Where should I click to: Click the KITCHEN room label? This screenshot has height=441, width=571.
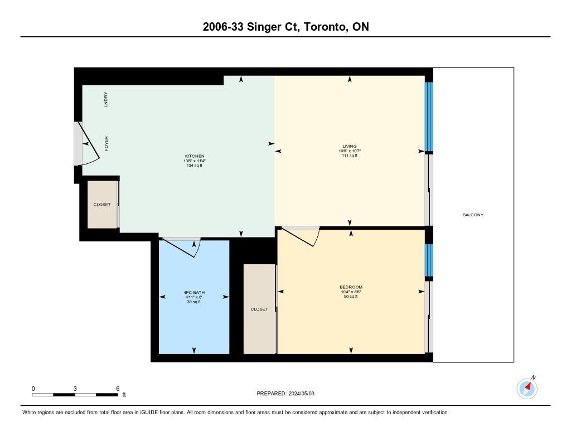coord(195,156)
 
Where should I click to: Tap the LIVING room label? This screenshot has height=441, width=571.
coord(350,147)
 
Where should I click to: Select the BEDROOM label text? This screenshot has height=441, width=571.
coord(351,287)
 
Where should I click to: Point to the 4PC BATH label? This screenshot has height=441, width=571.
coord(194,293)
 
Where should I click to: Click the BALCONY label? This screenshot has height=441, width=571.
coord(473,215)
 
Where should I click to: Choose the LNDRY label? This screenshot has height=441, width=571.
coord(106,99)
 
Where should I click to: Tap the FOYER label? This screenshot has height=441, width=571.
coord(107,143)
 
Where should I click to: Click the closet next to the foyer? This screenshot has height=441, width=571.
coord(103,205)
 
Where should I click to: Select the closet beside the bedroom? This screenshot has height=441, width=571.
coord(259,309)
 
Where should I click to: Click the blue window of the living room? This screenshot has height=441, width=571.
coord(429,117)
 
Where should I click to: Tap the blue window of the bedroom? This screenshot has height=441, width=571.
coord(429,260)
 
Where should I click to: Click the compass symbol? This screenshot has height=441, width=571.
coord(527,388)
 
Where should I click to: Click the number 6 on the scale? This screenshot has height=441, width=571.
coord(118,389)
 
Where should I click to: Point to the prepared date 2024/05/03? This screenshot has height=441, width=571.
coord(302,393)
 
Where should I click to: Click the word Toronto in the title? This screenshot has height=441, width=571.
coord(325,27)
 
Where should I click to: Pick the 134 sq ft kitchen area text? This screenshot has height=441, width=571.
coord(195,166)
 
